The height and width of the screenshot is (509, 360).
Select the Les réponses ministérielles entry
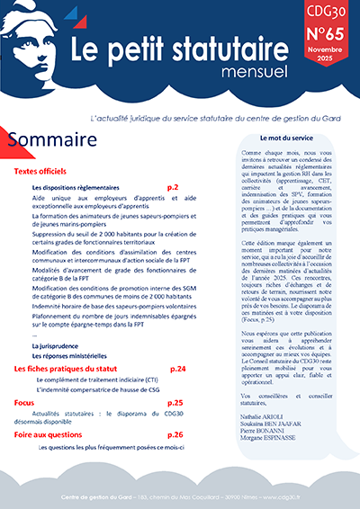[x=69, y=330]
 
